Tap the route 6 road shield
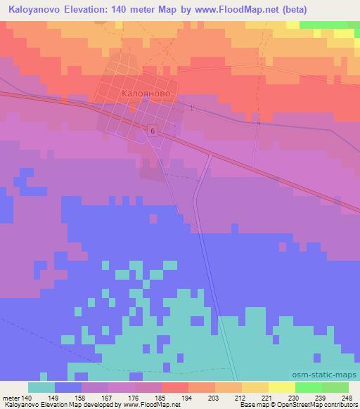tap(152, 131)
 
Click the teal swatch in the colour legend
tap(41, 387)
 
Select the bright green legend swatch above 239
tap(309, 387)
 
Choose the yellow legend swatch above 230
tap(282, 387)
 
